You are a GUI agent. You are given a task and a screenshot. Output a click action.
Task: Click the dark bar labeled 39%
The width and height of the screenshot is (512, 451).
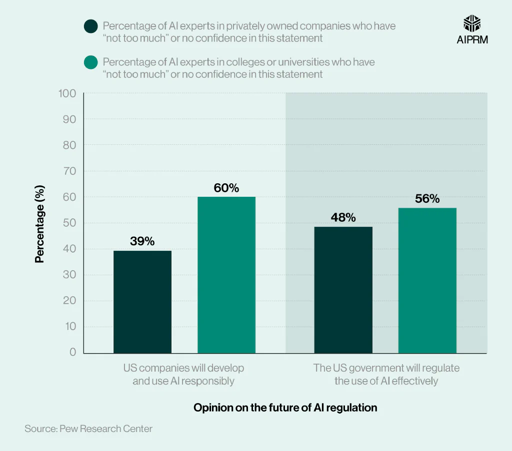142,302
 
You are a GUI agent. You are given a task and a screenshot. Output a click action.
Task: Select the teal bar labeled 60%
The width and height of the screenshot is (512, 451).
226,275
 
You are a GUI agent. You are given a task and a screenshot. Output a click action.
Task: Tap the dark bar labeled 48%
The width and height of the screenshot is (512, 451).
343,290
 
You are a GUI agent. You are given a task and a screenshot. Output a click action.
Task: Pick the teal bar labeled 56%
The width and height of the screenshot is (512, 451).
427,280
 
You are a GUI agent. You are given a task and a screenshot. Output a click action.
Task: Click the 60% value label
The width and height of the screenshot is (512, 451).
226,188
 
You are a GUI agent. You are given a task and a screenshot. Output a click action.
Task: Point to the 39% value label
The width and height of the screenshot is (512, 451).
142,241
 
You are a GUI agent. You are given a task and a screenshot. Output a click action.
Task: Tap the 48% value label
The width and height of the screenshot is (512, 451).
343,218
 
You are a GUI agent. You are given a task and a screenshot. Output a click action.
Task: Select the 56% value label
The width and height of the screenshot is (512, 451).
427,199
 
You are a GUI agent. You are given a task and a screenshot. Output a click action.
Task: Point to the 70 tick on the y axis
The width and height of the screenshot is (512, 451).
69,171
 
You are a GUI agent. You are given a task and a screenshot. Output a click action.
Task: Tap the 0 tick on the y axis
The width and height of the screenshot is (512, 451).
72,353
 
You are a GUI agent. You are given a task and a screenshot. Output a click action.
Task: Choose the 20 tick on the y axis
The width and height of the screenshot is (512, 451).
69,301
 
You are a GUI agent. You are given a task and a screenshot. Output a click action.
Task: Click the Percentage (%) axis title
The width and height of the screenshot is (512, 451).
39,223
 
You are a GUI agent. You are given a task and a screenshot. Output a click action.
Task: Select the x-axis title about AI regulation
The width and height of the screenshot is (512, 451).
285,408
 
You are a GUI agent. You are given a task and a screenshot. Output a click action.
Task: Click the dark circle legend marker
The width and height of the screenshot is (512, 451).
91,26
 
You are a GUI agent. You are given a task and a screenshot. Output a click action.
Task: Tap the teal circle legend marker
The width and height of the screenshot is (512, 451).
91,62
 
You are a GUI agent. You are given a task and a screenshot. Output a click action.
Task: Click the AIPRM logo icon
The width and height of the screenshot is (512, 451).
472,23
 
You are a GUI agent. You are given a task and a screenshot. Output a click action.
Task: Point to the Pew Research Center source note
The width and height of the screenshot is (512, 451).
88,429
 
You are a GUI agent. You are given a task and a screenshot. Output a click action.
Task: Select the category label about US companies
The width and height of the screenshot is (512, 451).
184,375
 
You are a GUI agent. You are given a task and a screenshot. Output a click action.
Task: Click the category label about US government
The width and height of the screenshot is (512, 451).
386,375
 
